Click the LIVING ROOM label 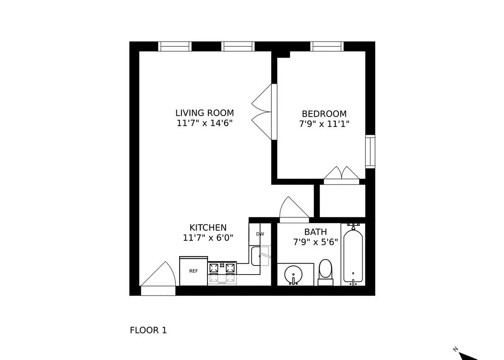coord(204,113)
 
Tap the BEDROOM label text coord(324,114)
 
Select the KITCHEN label coord(207,228)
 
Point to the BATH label coord(315,232)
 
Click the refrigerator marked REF coord(193,271)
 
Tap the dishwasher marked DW coord(260,234)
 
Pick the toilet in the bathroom coord(325,272)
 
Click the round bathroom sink coord(294,274)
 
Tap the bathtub coord(353,256)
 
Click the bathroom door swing coord(293,209)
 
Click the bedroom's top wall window coord(327,46)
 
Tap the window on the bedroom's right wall coord(370,151)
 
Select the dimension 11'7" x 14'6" coord(204,123)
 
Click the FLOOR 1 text coord(148,330)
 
